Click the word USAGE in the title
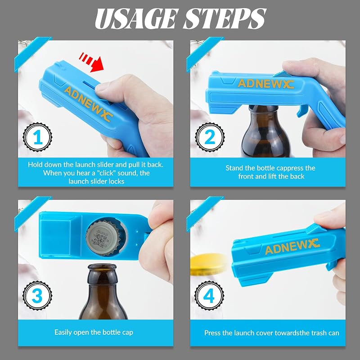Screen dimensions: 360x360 136,19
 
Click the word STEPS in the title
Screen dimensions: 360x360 225,19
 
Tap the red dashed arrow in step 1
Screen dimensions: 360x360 91,62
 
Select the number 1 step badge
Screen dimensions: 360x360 37,137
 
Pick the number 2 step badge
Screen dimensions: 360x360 210,137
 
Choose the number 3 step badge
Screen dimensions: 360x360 37,296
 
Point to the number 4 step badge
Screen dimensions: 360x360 209,296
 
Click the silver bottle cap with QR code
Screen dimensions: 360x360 103,238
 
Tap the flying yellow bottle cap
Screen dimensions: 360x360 208,264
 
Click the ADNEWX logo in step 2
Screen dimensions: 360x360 265,84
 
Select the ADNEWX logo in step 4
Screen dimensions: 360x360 292,246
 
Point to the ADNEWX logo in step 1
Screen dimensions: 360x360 88,104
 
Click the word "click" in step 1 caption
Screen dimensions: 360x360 105,173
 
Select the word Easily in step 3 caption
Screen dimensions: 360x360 63,333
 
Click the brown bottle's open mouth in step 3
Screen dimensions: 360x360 103,266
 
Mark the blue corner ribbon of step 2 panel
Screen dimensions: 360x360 204,53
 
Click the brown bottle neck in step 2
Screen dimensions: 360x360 264,115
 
